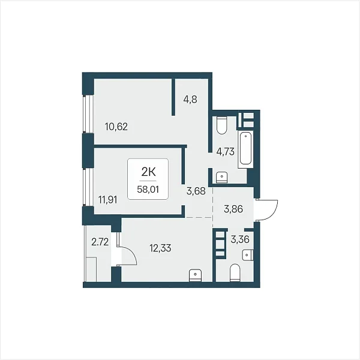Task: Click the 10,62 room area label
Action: click(x=116, y=127)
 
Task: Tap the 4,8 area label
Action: click(x=190, y=100)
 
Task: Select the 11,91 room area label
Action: click(x=107, y=200)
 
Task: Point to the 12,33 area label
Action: click(x=160, y=248)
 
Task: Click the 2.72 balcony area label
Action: click(x=100, y=242)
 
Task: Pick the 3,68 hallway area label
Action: click(x=196, y=191)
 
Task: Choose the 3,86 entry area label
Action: click(x=233, y=209)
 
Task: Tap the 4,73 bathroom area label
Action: click(x=226, y=152)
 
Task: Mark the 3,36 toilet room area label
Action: click(x=240, y=239)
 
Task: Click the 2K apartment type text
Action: click(x=148, y=172)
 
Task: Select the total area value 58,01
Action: click(x=148, y=190)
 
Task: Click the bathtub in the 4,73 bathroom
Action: click(x=245, y=149)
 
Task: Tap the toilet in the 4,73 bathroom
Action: click(x=221, y=125)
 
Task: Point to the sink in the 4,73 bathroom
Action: click(x=221, y=178)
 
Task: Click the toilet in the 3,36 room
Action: click(x=235, y=272)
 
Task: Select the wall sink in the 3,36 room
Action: click(x=248, y=255)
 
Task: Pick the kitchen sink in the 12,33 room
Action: click(x=195, y=275)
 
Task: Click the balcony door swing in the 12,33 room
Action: click(x=127, y=256)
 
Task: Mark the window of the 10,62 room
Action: click(x=88, y=114)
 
